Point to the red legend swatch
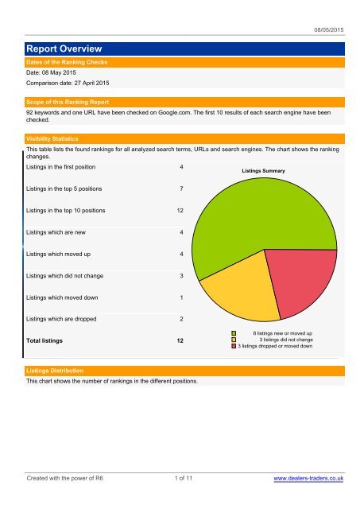pyautogui.click(x=234, y=347)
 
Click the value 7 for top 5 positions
pyautogui.click(x=182, y=189)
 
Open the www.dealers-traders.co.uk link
pyautogui.click(x=308, y=480)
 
